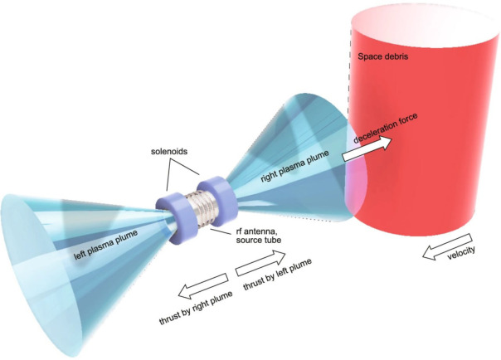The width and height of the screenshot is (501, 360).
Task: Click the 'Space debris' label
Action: [384, 59]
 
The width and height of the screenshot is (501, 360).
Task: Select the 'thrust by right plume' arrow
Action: [197, 286]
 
